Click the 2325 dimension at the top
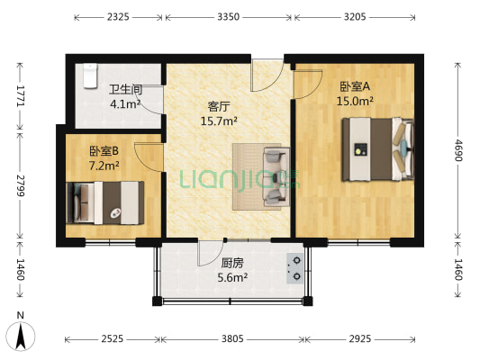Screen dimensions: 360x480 pos(118,17)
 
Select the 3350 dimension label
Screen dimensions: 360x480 pos(228,17)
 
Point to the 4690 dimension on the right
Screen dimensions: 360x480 pos(457,149)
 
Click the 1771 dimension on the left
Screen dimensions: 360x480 pos(18,94)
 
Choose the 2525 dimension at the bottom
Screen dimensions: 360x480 pos(113,339)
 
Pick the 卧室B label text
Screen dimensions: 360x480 pos(104,153)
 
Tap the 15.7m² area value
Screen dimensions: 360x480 pos(219,121)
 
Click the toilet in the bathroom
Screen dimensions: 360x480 pos(88,77)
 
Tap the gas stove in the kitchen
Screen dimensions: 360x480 pos(294,267)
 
